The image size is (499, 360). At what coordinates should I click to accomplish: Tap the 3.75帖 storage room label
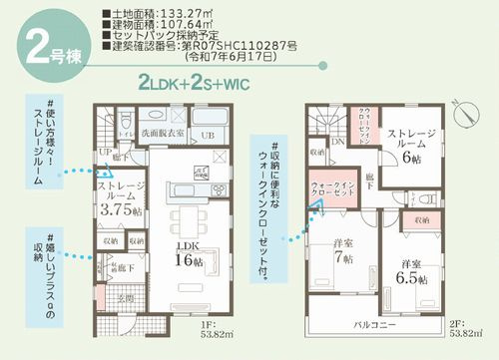tap(123, 202)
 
